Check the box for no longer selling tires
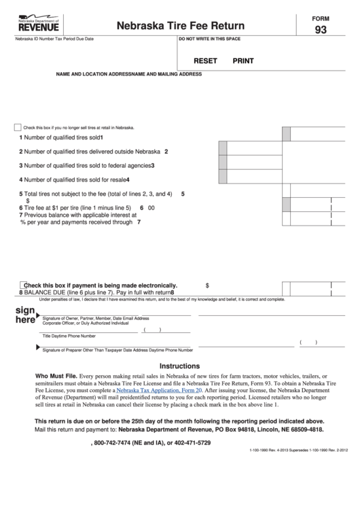[x=18, y=127]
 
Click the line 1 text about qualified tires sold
[x=61, y=138]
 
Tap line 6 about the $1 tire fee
[x=78, y=207]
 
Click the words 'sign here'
[x=24, y=315]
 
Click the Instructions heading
[x=179, y=365]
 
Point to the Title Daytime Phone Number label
[x=69, y=336]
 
